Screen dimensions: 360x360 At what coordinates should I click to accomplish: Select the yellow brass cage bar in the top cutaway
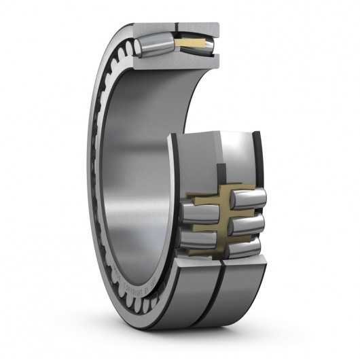pyautogui.click(x=194, y=44)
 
